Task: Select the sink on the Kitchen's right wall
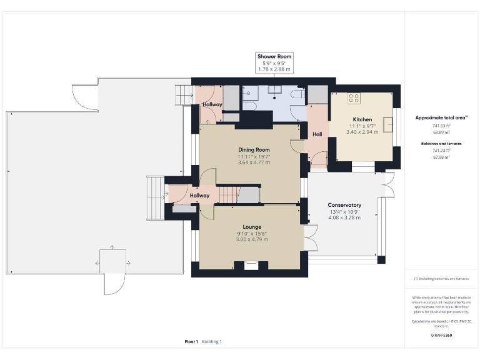[x=387, y=122]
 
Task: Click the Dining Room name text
[x=254, y=149]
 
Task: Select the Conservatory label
[x=344, y=205]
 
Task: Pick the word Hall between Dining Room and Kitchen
[x=317, y=134]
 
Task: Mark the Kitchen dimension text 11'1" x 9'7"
[x=362, y=126]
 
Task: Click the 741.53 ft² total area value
[x=441, y=126]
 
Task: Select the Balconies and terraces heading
[x=441, y=143]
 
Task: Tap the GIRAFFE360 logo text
[x=441, y=335]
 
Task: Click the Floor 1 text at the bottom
[x=191, y=341]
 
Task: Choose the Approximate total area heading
[x=441, y=117]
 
